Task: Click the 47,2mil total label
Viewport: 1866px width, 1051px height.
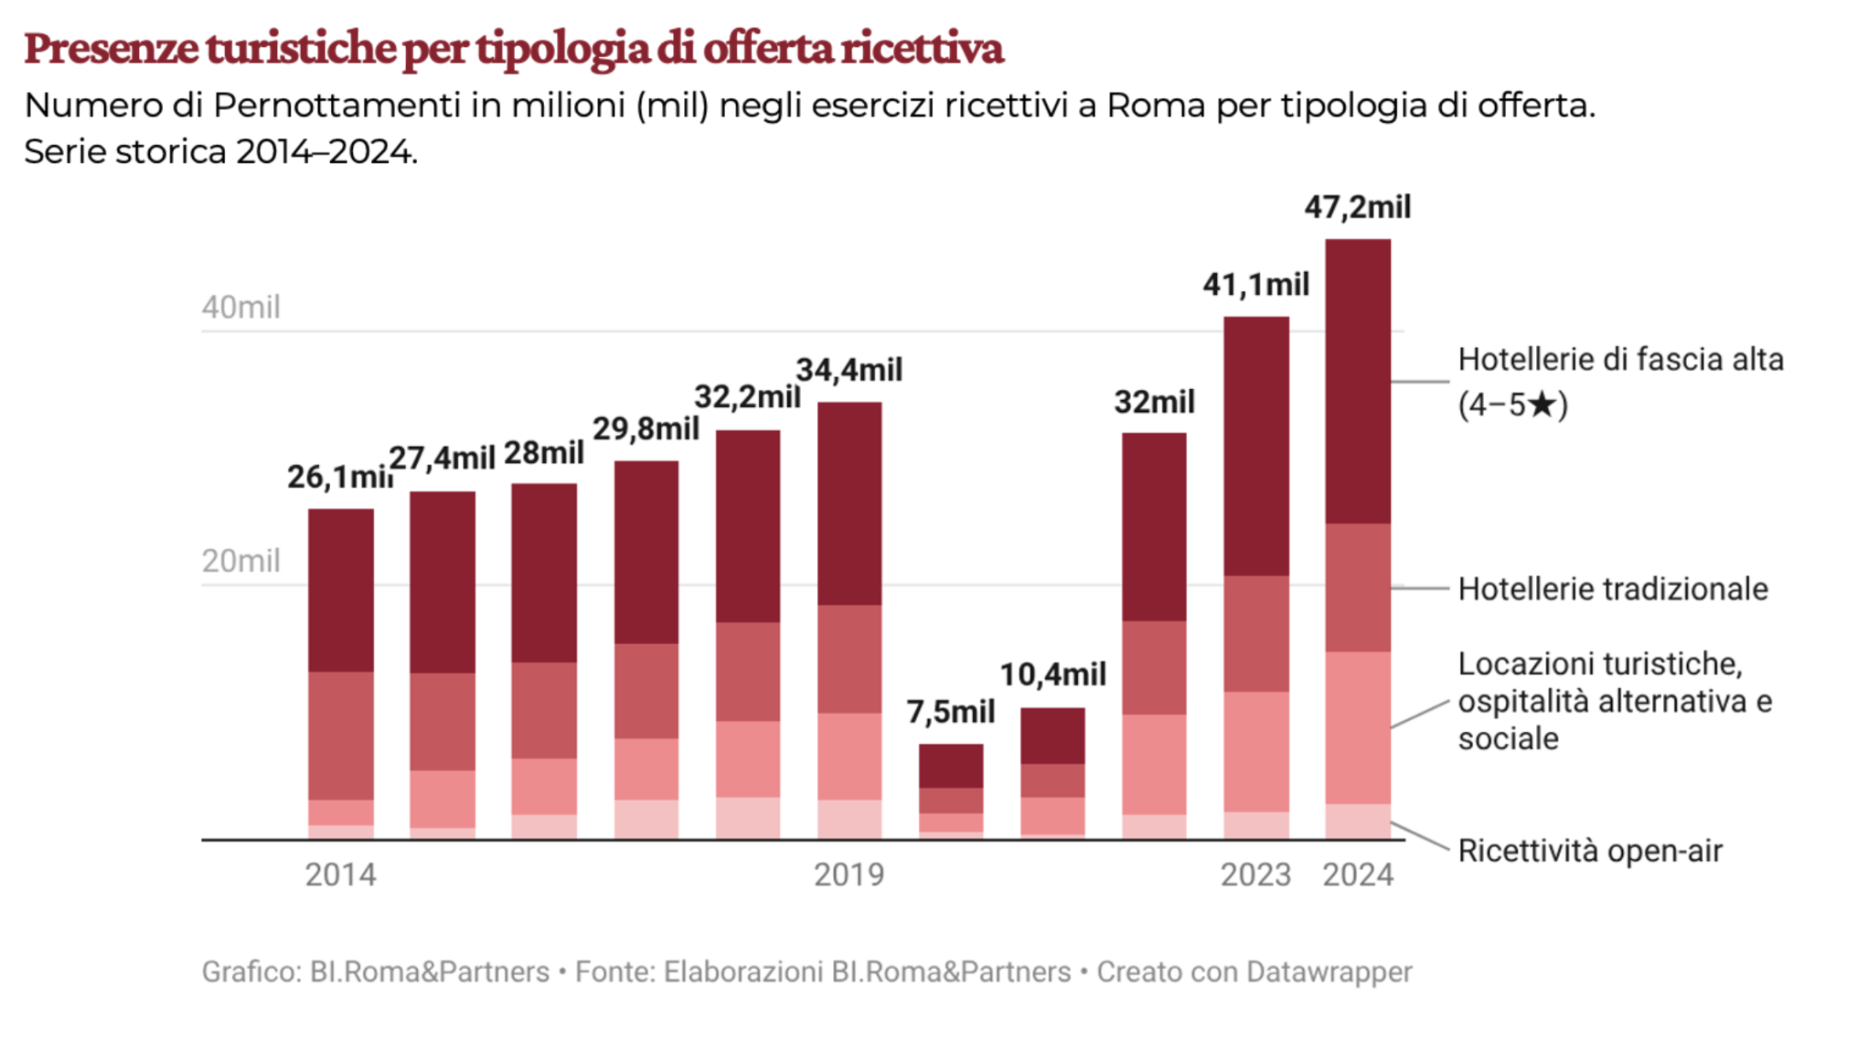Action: coord(1357,207)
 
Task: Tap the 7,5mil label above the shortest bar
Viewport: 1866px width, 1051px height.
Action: coord(950,711)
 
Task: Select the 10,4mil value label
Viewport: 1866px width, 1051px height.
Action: coord(1052,675)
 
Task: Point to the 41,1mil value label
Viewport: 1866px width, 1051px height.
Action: coord(1255,285)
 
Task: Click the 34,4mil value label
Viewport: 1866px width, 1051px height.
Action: coord(849,370)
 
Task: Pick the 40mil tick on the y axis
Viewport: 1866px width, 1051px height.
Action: coord(240,307)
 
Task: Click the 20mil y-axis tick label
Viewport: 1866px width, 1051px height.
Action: coord(240,561)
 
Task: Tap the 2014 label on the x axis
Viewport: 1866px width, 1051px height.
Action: coord(340,875)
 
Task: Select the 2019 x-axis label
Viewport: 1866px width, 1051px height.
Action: coord(849,875)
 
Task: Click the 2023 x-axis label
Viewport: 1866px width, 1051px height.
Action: coord(1255,875)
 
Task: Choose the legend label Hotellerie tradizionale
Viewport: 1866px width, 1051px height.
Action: coord(1612,589)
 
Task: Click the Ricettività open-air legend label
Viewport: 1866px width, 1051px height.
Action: coord(1590,851)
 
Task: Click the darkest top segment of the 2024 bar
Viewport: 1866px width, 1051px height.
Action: coord(1357,380)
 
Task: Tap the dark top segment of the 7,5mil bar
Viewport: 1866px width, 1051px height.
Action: coord(950,766)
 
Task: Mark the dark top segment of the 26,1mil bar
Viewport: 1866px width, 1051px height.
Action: coord(340,590)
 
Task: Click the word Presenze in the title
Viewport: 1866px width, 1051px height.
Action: coord(111,49)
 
